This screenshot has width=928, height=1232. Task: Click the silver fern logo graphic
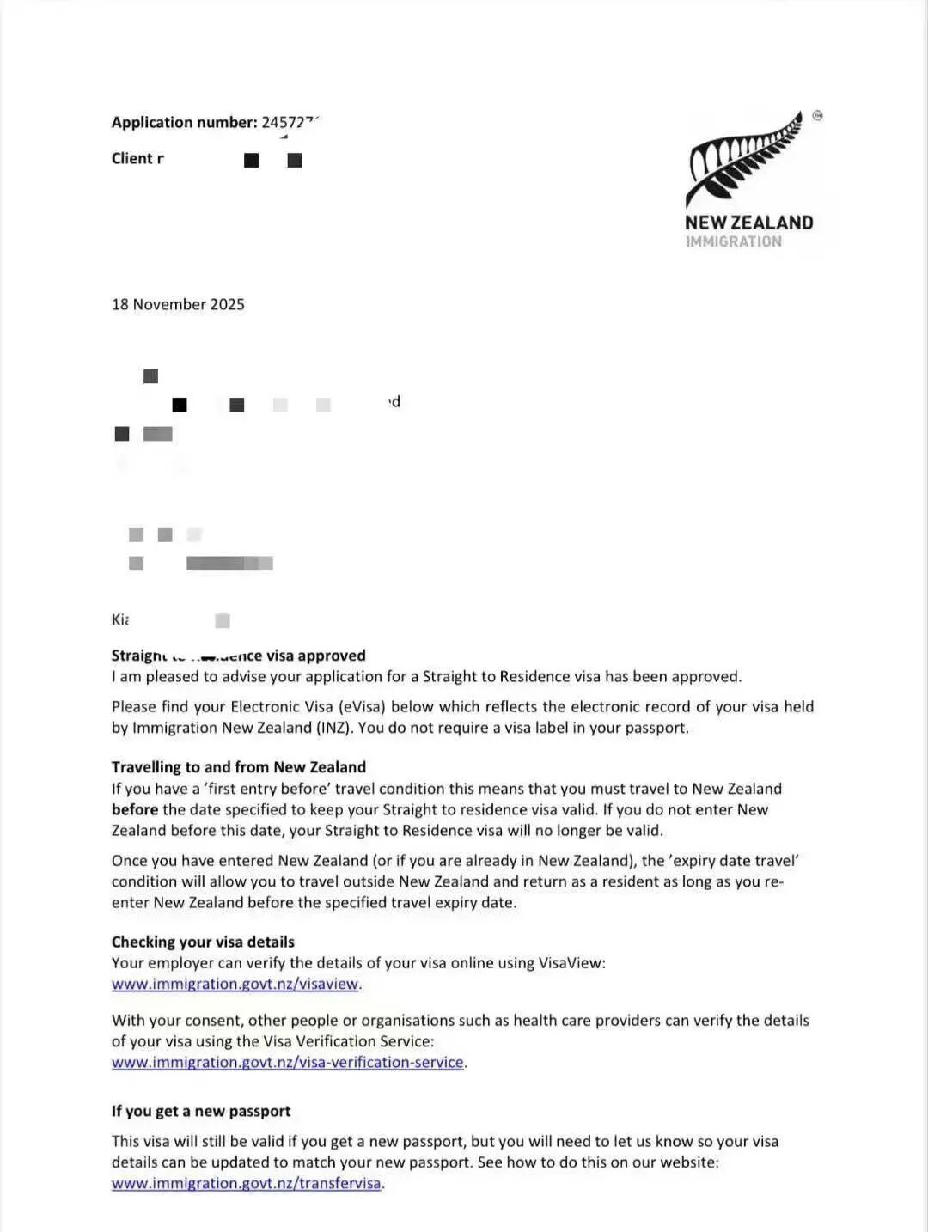(744, 159)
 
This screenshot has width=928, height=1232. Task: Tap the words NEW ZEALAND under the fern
(748, 223)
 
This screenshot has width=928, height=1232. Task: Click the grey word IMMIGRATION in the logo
(733, 242)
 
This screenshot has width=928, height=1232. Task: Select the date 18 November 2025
(178, 304)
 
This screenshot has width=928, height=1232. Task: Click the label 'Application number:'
(184, 122)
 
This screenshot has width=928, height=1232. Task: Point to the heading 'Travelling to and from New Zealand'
(238, 767)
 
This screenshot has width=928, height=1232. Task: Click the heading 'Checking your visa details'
(203, 942)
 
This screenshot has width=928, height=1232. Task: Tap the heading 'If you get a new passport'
(201, 1111)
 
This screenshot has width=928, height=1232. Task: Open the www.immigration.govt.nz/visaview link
(235, 985)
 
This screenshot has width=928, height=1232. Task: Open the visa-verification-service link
(288, 1063)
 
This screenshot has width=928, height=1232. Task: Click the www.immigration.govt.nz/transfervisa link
(246, 1184)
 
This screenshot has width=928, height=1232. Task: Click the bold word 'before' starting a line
(135, 809)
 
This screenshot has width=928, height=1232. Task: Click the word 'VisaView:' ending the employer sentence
(571, 963)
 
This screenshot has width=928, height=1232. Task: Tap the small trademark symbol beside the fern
(817, 115)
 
